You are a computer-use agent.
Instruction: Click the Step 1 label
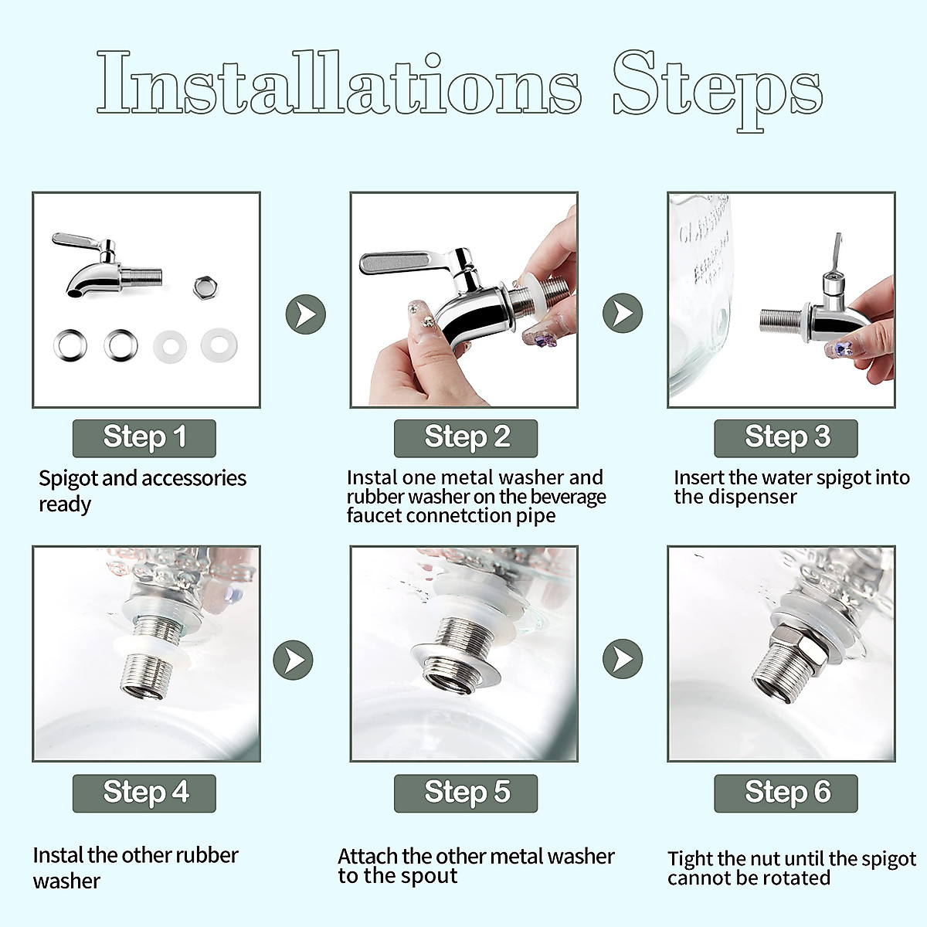144,438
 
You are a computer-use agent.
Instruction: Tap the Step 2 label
466,438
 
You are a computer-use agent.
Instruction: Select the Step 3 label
786,438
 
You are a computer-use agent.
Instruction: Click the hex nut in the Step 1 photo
205,287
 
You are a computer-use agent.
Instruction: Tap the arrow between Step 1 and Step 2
306,314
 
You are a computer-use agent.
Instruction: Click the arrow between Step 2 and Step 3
623,313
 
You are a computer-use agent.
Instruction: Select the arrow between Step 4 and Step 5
293,660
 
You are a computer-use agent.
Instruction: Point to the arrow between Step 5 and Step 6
623,659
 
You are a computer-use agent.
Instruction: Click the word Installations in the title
339,82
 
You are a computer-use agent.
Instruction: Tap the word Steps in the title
718,90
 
